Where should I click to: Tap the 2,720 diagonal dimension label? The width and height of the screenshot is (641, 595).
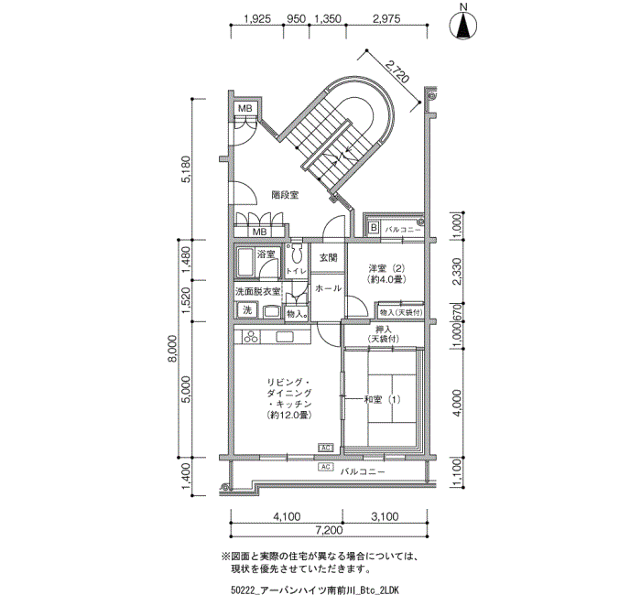pyautogui.click(x=397, y=71)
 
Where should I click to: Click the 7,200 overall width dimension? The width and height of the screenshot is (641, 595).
pyautogui.click(x=328, y=530)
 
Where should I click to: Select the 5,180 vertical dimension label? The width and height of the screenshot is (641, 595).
pyautogui.click(x=185, y=169)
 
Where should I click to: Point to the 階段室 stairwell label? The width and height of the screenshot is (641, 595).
pyautogui.click(x=285, y=195)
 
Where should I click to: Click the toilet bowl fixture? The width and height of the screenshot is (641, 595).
pyautogui.click(x=296, y=255)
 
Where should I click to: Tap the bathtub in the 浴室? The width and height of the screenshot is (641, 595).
pyautogui.click(x=245, y=262)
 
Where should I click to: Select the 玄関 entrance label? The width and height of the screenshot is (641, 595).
pyautogui.click(x=328, y=258)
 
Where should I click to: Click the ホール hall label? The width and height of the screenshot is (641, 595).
pyautogui.click(x=328, y=288)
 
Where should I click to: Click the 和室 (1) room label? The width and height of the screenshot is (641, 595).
pyautogui.click(x=382, y=399)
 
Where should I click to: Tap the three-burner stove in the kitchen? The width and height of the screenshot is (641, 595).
pyautogui.click(x=251, y=337)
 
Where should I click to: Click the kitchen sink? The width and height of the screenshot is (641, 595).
pyautogui.click(x=285, y=337)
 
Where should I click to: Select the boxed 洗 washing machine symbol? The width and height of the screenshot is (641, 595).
pyautogui.click(x=247, y=310)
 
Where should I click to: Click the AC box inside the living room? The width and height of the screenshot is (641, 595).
pyautogui.click(x=326, y=448)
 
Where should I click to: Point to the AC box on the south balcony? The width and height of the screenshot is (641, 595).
pyautogui.click(x=326, y=467)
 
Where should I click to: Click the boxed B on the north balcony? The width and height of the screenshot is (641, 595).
pyautogui.click(x=374, y=228)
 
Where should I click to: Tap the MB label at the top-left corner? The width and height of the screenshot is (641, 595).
pyautogui.click(x=245, y=109)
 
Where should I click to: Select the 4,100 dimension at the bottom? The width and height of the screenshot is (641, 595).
pyautogui.click(x=287, y=517)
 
